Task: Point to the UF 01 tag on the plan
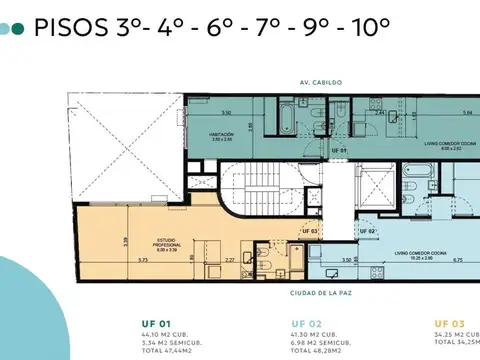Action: pyautogui.click(x=340, y=151)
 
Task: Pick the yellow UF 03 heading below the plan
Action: pyautogui.click(x=448, y=324)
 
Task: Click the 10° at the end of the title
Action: pyautogui.click(x=368, y=27)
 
